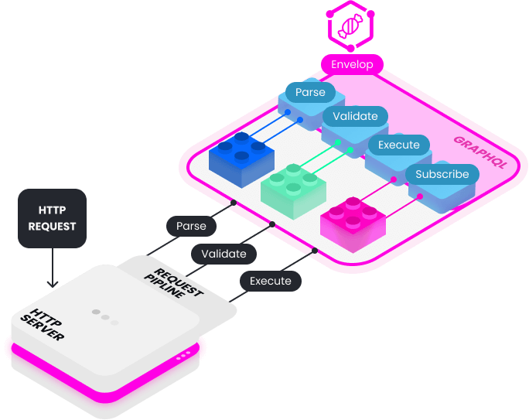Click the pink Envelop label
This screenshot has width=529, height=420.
[352, 64]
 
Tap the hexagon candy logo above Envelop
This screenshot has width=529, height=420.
[351, 26]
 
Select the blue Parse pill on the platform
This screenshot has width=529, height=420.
[310, 93]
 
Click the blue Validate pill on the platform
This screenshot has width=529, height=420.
[355, 117]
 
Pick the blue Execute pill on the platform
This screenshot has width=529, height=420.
[398, 145]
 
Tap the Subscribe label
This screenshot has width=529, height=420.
[442, 174]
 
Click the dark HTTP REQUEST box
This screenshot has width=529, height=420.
[52, 218]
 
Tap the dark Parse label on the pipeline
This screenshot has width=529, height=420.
[191, 226]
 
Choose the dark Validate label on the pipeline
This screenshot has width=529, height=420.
[224, 254]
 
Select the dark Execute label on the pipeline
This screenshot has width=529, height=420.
[271, 281]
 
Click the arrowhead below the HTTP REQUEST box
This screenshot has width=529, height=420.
[52, 282]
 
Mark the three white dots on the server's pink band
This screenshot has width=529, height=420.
[183, 356]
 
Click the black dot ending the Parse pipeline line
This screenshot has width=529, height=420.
[233, 203]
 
